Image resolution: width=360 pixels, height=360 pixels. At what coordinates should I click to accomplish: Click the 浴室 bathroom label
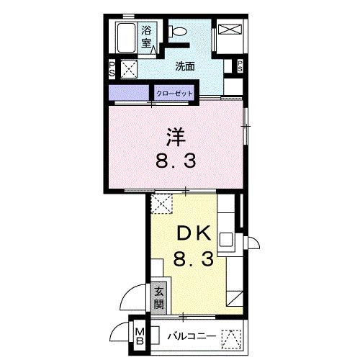(146, 37)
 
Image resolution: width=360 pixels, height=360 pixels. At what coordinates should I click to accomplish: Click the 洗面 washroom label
(184, 66)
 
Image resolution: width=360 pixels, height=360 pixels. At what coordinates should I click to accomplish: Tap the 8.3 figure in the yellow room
(193, 259)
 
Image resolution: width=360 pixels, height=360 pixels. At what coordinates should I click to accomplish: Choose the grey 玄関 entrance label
(158, 300)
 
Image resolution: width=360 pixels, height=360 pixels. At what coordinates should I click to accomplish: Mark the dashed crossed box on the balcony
(230, 337)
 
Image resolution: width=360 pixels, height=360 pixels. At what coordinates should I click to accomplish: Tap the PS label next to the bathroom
(112, 70)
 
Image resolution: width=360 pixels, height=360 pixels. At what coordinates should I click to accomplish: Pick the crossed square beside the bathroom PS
(130, 70)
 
